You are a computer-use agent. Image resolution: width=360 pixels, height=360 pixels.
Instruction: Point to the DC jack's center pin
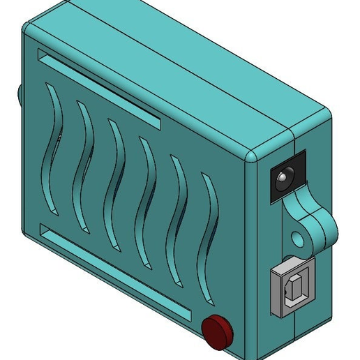(280, 180)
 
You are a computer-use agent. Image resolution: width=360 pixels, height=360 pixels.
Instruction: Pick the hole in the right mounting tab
(299, 239)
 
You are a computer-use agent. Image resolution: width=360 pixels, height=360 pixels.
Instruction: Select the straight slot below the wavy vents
(115, 275)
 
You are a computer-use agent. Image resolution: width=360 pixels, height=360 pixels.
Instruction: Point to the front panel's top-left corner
(29, 31)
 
